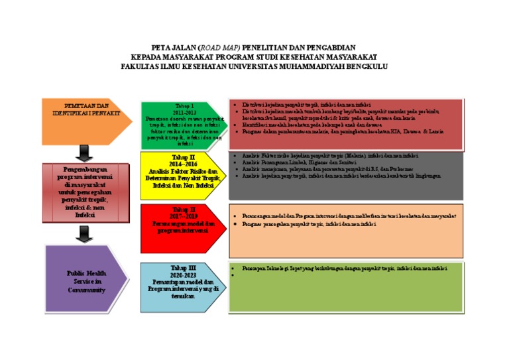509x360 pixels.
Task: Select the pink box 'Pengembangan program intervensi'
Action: tap(85, 192)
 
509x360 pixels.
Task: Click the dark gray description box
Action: tap(346, 175)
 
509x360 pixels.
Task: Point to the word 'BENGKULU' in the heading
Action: tap(361, 66)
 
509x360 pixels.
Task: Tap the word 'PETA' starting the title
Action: tap(162, 48)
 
